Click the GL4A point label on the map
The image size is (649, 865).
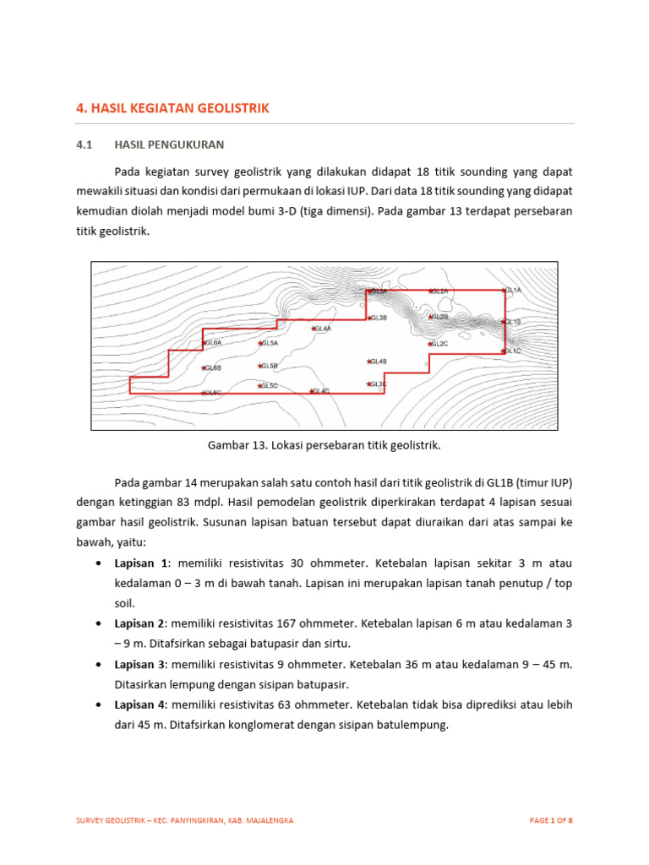[x=324, y=329]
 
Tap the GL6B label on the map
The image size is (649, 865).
[x=212, y=368]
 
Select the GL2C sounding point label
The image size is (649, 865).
[x=439, y=344]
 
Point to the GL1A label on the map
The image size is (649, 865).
[x=514, y=291]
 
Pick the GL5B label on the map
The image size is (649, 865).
[x=270, y=366]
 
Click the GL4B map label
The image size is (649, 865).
[x=378, y=362]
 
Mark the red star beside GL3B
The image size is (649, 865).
[x=369, y=318]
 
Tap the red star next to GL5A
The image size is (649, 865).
[x=261, y=344]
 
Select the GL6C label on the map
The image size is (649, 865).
[x=212, y=393]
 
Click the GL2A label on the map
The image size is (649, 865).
[x=439, y=291]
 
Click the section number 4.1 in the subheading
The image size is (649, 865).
[x=84, y=144]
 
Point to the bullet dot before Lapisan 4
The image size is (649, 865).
[x=101, y=705]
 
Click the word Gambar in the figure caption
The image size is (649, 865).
[x=226, y=444]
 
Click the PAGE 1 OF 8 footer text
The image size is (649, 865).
[x=551, y=820]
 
